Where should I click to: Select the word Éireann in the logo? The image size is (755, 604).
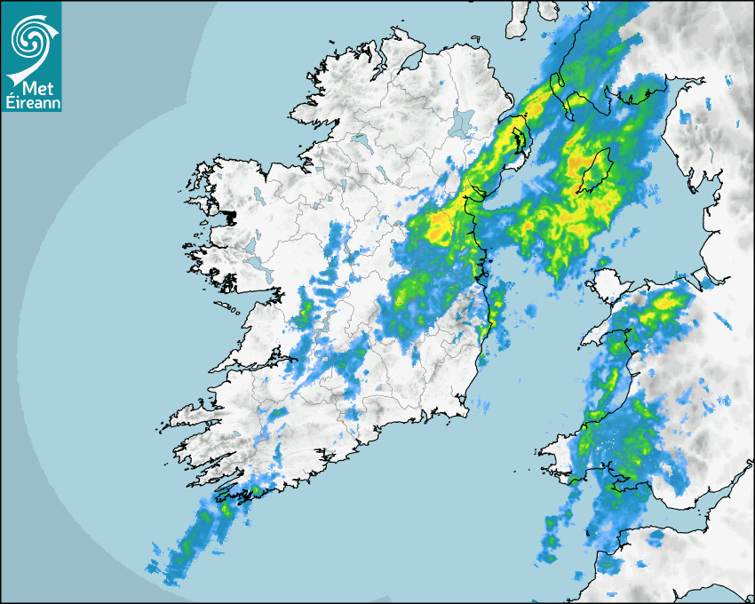tap(32, 102)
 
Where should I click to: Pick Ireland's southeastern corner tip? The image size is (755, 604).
tap(464, 410)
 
